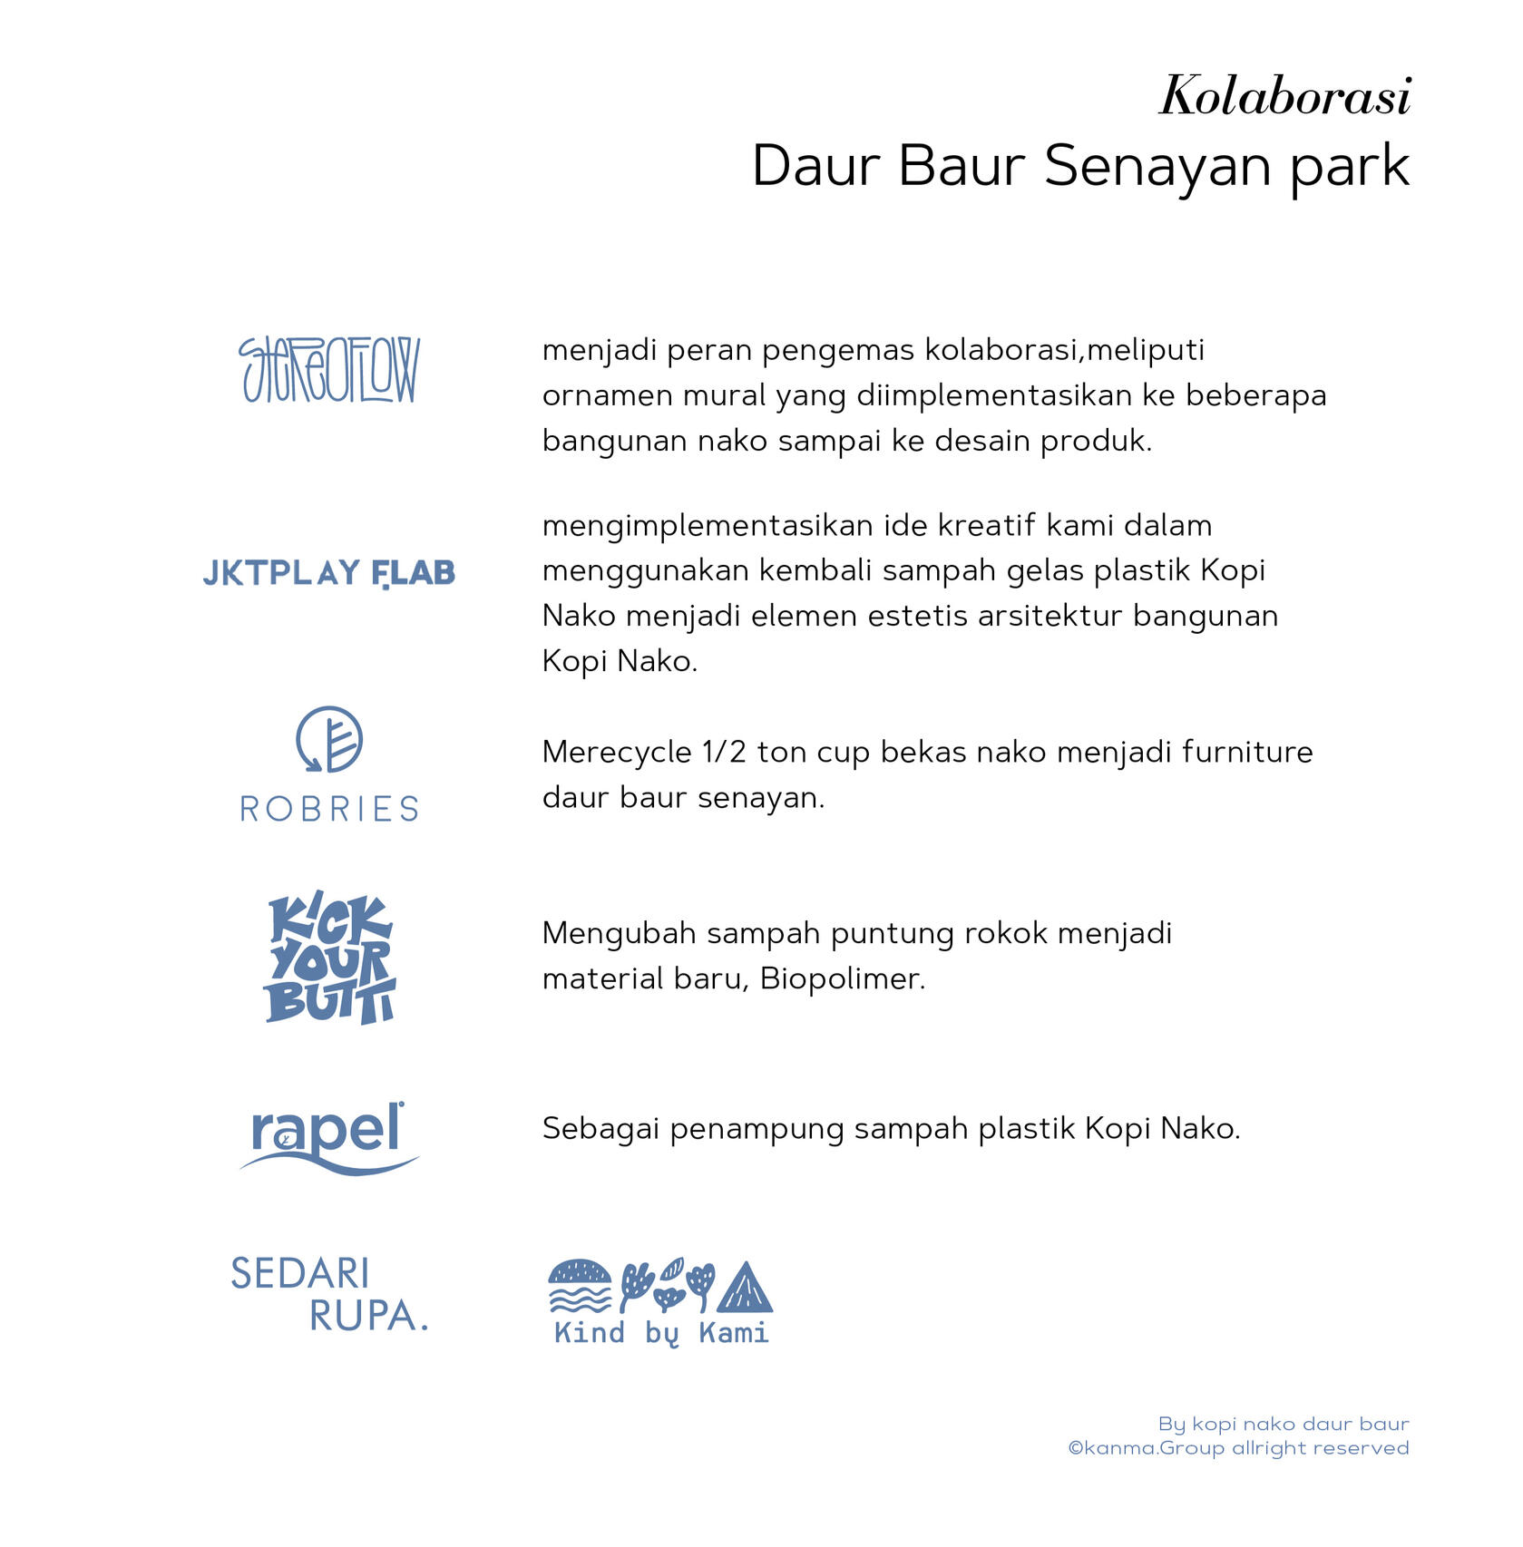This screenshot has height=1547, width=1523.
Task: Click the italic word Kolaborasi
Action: [1284, 96]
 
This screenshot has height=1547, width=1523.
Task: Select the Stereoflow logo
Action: [328, 370]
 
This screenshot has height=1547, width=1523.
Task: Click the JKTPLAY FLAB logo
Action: [328, 573]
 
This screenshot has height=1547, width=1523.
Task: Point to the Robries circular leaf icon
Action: [329, 739]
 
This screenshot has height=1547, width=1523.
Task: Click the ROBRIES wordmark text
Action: [329, 809]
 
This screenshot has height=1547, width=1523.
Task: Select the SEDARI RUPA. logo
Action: [328, 1294]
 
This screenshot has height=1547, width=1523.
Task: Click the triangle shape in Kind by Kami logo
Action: [745, 1289]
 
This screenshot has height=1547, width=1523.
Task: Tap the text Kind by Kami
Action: [661, 1333]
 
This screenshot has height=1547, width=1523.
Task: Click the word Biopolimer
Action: [842, 979]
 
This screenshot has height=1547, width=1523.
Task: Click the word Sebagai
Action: [600, 1129]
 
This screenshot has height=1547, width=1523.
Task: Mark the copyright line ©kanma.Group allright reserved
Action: [1238, 1448]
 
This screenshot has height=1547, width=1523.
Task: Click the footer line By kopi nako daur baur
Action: [1283, 1424]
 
